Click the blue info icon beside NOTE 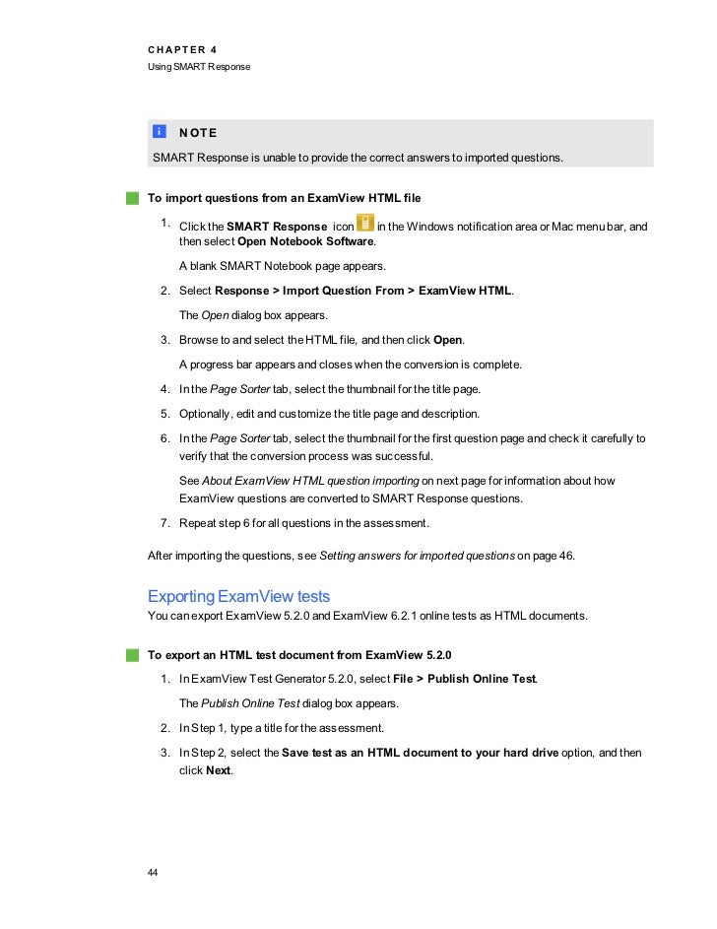160,132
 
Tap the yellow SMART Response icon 364,226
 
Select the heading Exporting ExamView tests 238,596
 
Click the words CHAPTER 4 182,48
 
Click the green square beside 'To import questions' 133,197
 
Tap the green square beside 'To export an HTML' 133,653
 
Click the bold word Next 217,769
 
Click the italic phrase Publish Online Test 254,703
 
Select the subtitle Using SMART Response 199,66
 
